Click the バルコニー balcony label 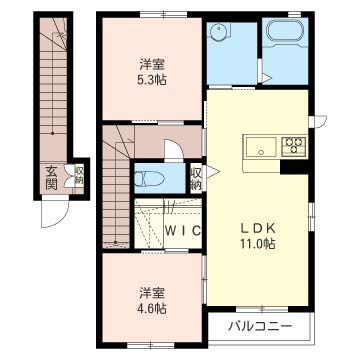[x=260, y=326]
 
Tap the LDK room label [x=258, y=230]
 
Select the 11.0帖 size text [x=256, y=244]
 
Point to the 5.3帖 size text [x=152, y=80]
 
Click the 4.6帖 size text [x=152, y=308]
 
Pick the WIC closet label [x=183, y=230]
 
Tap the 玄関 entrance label [x=52, y=178]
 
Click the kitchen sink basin [x=261, y=147]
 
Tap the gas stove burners [x=294, y=146]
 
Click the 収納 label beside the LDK [x=196, y=178]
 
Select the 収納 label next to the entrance [x=79, y=177]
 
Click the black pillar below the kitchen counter [x=294, y=167]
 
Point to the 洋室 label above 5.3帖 [x=153, y=65]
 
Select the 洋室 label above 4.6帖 [x=152, y=293]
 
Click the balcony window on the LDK [x=262, y=309]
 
